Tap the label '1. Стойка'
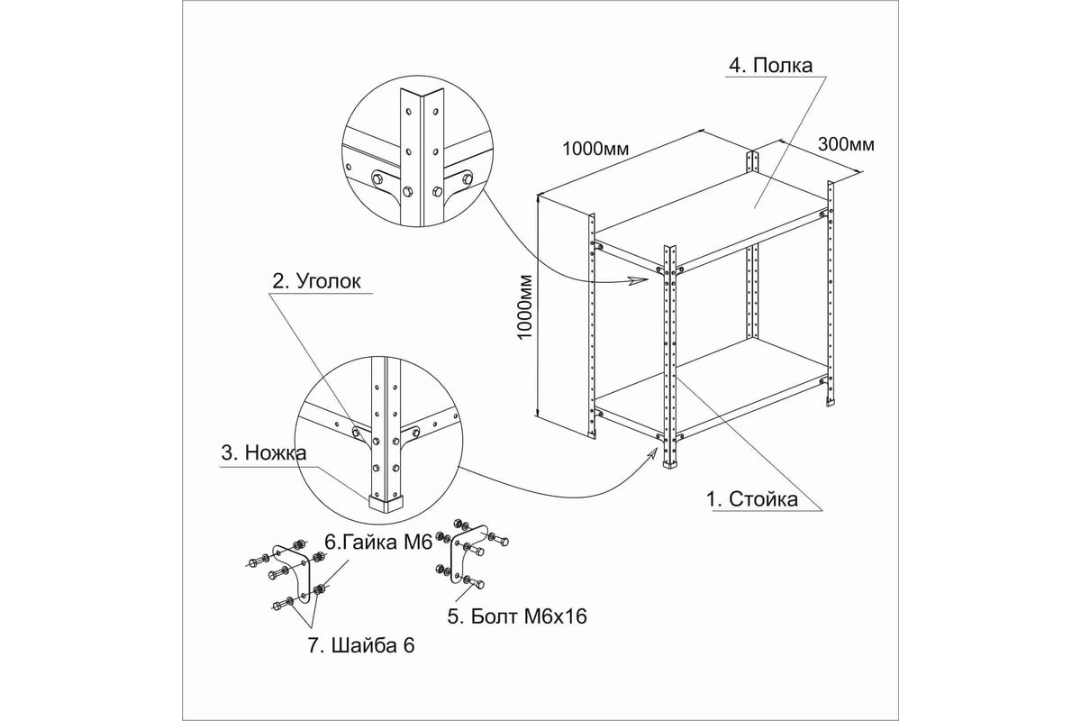tap(751, 499)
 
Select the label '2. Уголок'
tap(316, 281)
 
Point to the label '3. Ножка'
tap(264, 452)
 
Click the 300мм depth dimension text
tap(846, 143)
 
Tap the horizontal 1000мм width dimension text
tap(595, 148)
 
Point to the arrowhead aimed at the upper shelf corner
tap(641, 281)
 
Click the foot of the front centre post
tap(671, 462)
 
